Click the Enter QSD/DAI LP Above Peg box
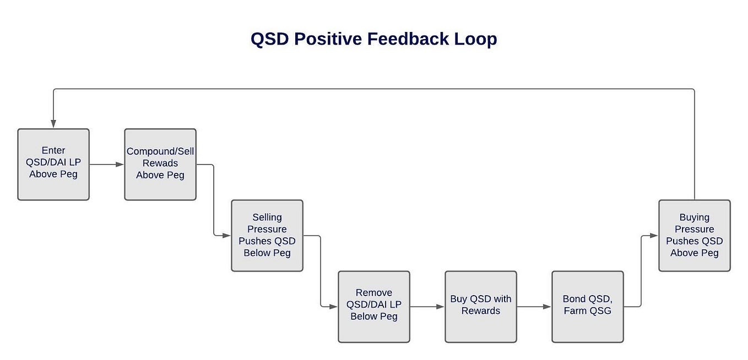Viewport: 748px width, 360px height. tap(53, 164)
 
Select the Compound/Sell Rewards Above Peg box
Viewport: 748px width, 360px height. tap(160, 164)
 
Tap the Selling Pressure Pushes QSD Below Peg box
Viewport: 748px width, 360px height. tap(267, 235)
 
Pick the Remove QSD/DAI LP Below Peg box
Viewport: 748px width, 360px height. tap(374, 306)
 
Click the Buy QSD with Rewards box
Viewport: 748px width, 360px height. tap(481, 306)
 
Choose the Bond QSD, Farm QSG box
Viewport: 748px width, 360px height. tap(588, 306)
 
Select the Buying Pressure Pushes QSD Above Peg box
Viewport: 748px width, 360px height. tap(695, 235)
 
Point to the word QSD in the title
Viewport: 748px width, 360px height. tap(270, 39)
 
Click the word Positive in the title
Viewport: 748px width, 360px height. tap(326, 39)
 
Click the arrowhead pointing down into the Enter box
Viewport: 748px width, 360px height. tap(53, 124)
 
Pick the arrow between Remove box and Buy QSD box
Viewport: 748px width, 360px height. tap(427, 307)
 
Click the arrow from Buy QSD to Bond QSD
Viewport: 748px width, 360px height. tap(534, 307)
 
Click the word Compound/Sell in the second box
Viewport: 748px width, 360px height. tap(160, 151)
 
